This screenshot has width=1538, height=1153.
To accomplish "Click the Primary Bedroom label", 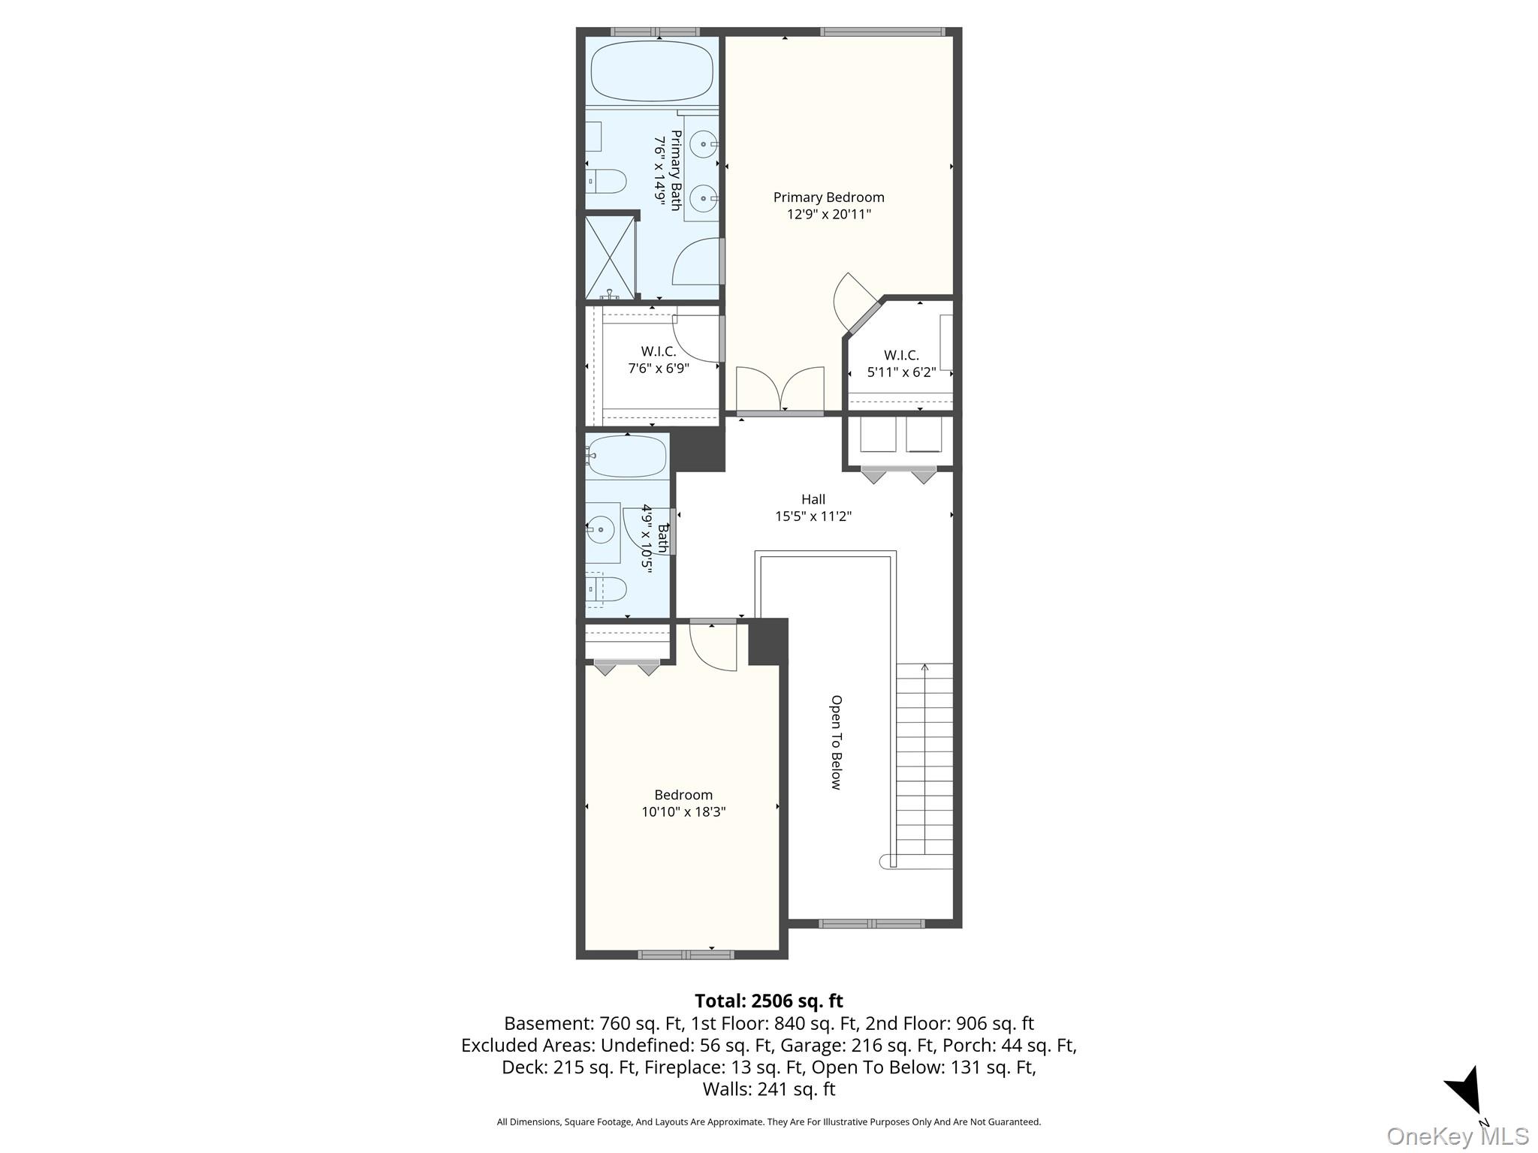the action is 828,197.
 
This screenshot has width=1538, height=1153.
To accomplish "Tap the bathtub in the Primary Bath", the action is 651,71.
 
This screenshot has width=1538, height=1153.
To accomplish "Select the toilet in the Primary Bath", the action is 606,181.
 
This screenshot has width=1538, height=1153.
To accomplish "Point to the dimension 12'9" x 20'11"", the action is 828,215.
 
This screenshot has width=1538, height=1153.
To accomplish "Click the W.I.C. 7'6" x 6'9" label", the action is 659,360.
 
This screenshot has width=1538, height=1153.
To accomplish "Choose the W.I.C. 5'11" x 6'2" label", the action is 901,363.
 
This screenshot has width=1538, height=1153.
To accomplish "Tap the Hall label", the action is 813,499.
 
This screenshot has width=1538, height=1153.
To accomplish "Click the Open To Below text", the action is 836,742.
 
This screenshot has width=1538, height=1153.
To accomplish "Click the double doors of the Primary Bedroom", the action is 780,390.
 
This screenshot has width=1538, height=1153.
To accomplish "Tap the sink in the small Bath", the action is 602,531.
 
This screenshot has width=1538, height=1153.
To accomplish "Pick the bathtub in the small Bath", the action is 626,456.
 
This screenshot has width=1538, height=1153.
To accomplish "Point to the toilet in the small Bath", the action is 605,589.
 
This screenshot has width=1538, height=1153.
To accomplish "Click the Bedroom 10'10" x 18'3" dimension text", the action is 683,812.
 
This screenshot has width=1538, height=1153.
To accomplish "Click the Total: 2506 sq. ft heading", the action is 769,1001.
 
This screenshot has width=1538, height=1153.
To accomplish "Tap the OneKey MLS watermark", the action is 1458,1136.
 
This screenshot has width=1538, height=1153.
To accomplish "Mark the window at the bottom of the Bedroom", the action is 686,955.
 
